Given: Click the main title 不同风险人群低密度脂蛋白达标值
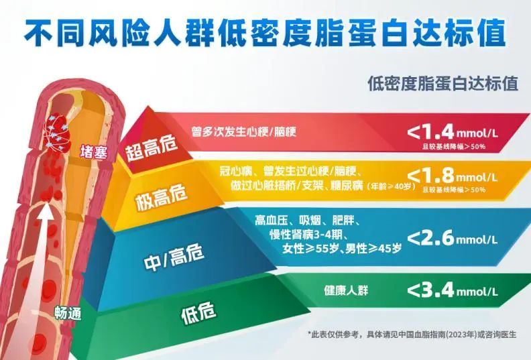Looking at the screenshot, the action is pos(265,33).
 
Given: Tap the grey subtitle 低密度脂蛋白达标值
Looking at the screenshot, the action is pos(443,83).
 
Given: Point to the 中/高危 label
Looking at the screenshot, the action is pos(174,257).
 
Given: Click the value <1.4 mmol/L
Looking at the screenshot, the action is pos(453,132).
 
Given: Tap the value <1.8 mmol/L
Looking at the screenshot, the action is pos(453,176).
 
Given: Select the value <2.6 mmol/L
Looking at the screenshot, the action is pos(453,239).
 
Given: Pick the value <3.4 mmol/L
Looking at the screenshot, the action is pos(453,290).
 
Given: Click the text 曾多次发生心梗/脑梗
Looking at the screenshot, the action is pos(243,131).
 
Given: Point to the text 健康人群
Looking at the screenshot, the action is pos(346,290).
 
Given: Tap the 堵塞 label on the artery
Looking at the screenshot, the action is pos(94,152).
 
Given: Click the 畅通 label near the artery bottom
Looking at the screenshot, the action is pos(68,313).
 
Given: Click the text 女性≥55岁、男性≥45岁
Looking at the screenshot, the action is pos(342,249).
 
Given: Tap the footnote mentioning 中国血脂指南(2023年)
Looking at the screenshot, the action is pos(412,335).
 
